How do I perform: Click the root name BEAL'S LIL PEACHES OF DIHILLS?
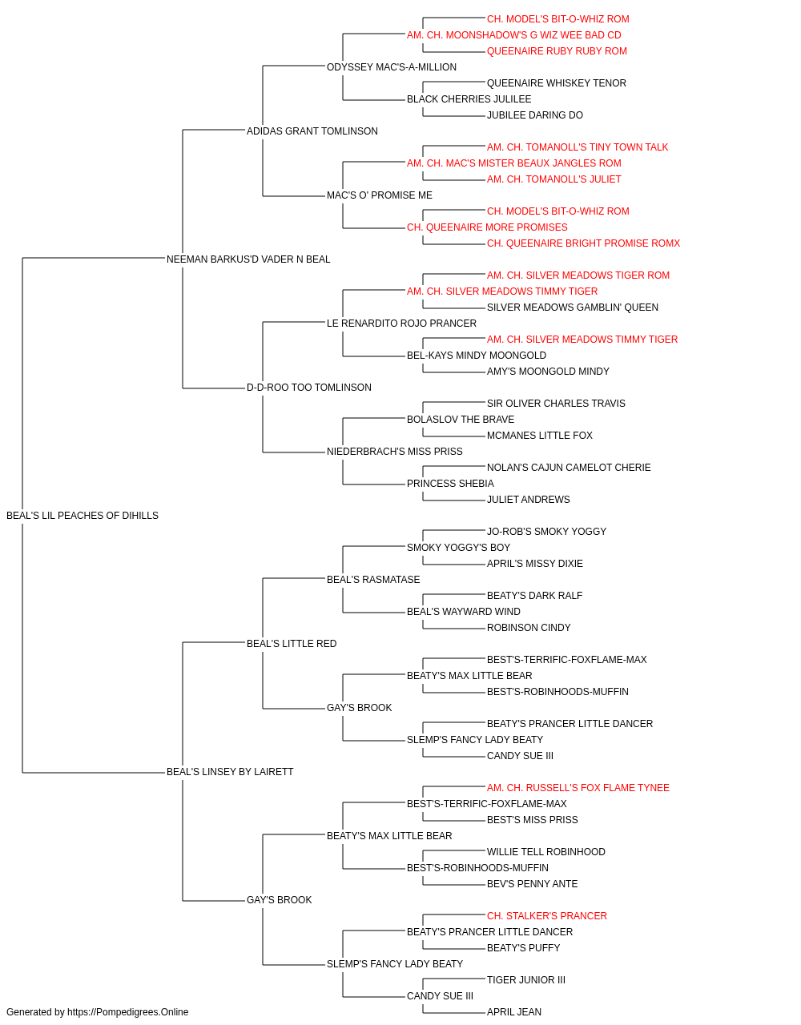(x=83, y=516)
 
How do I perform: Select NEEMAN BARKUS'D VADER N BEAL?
(x=248, y=259)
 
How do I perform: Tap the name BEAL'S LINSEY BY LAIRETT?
(x=230, y=772)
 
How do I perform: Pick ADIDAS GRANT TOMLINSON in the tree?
(x=312, y=131)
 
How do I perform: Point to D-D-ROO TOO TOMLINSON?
(x=309, y=388)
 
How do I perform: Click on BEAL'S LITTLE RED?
(x=292, y=643)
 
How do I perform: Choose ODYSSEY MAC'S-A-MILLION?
(x=392, y=67)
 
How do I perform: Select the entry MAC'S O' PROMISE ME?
(x=379, y=195)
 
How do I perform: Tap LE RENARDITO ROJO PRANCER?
(x=401, y=323)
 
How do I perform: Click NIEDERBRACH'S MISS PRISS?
(x=394, y=452)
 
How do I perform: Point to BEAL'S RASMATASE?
(x=373, y=579)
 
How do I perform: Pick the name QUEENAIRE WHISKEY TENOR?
(x=557, y=83)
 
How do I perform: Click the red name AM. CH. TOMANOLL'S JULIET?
(x=553, y=179)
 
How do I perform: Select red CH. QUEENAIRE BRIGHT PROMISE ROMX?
(x=584, y=243)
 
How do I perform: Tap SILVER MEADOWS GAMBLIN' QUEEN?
(x=572, y=307)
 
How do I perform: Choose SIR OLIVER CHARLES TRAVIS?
(x=556, y=404)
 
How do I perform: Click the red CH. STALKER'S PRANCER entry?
(x=547, y=916)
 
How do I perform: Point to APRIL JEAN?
(x=514, y=1012)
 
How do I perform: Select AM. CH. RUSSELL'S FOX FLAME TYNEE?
(x=578, y=788)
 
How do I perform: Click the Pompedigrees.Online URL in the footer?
(x=128, y=1012)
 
